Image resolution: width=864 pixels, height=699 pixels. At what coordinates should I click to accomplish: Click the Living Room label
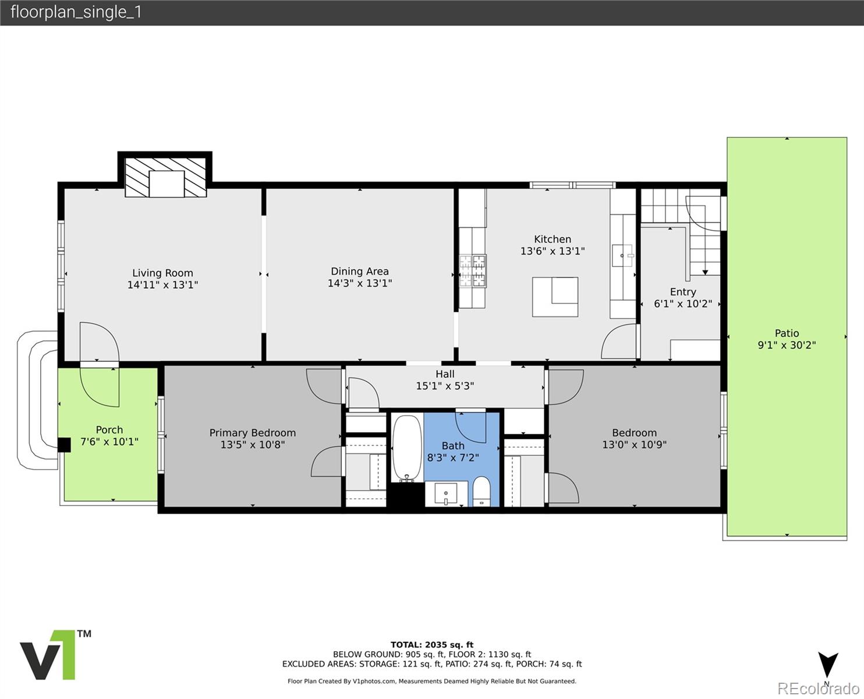(x=162, y=273)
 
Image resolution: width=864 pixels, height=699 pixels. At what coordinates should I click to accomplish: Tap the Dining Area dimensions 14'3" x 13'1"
(x=360, y=283)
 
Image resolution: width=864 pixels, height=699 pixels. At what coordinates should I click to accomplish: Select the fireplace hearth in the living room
(x=165, y=177)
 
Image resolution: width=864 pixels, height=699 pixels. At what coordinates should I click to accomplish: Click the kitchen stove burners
(x=473, y=270)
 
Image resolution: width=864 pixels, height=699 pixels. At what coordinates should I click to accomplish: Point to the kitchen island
(x=555, y=297)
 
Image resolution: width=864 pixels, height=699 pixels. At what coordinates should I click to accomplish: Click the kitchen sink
(x=622, y=256)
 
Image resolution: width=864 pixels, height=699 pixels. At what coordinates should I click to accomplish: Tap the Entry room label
(x=683, y=292)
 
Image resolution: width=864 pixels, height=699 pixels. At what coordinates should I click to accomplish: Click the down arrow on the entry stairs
(x=706, y=273)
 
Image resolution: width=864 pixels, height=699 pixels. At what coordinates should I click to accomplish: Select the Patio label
(x=787, y=333)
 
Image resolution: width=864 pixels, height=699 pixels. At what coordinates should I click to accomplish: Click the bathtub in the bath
(x=408, y=448)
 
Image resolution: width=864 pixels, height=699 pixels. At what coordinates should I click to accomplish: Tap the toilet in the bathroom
(x=481, y=491)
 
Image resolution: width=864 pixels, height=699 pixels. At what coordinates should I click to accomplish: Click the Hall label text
(x=445, y=374)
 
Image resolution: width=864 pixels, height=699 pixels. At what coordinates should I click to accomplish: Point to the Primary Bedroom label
(x=252, y=433)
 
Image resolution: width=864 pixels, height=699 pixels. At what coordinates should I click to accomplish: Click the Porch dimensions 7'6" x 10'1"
(x=109, y=442)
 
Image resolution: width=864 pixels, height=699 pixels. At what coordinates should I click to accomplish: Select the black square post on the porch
(x=64, y=444)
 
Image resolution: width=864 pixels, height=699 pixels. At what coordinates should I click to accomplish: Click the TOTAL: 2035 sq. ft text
(x=432, y=645)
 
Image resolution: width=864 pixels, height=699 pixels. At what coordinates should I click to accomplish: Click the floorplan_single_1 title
(x=76, y=12)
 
